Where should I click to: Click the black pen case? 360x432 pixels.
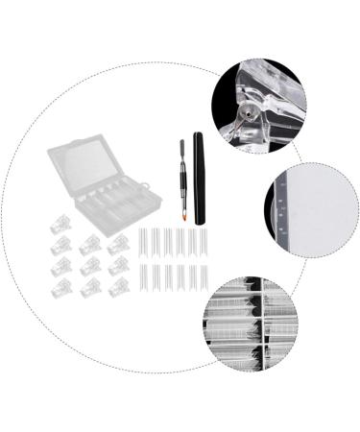click(x=200, y=178)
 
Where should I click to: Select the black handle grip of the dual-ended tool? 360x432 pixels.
click(x=179, y=182)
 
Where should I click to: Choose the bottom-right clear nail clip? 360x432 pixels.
click(x=118, y=287)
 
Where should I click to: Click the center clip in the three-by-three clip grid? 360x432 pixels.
click(x=90, y=265)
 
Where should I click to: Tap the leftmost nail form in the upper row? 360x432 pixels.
click(x=142, y=242)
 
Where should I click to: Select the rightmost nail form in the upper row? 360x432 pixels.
click(x=204, y=242)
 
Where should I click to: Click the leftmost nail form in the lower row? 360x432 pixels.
click(x=142, y=278)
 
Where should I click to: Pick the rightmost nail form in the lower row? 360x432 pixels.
click(x=204, y=278)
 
